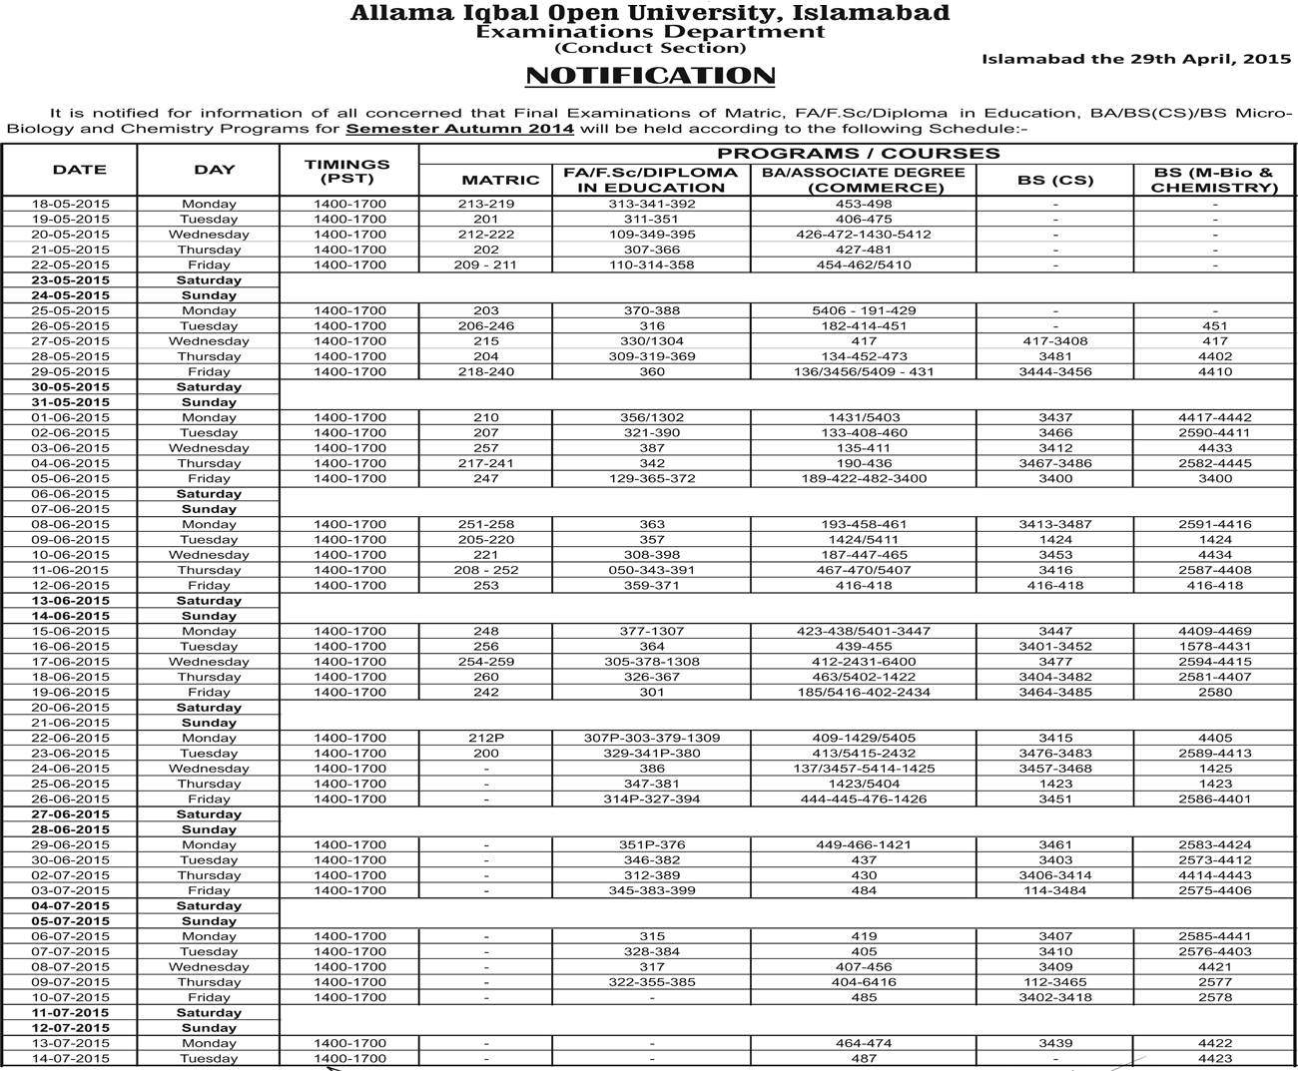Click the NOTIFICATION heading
(x=650, y=76)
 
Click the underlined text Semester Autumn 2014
(x=459, y=129)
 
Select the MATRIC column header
(x=500, y=180)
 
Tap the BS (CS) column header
(x=1055, y=180)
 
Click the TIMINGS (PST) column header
(x=347, y=171)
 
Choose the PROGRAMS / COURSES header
(x=858, y=154)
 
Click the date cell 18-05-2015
(x=70, y=204)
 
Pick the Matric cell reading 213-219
(x=486, y=204)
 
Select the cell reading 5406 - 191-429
(x=864, y=310)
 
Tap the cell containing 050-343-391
(x=652, y=570)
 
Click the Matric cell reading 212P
(x=486, y=738)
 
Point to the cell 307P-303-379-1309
(x=652, y=738)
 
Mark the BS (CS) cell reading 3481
(x=1055, y=356)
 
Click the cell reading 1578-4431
(x=1214, y=646)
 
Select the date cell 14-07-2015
(x=70, y=1058)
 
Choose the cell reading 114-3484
(x=1055, y=890)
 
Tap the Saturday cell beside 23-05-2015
(x=209, y=280)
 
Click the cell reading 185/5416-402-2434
(x=864, y=692)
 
